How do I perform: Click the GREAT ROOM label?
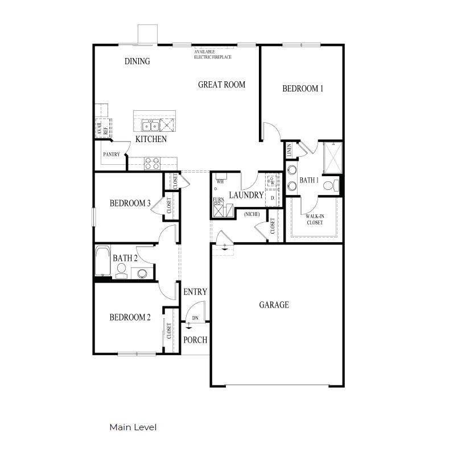point(221,85)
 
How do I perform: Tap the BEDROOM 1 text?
point(303,89)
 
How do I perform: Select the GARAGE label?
point(274,305)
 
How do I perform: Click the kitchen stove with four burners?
point(152,163)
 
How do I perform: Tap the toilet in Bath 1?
point(329,186)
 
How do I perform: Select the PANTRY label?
point(110,155)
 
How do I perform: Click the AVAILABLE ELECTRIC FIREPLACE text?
point(212,55)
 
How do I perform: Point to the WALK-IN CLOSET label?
point(314,219)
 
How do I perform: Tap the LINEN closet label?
point(290,151)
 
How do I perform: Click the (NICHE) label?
point(251,214)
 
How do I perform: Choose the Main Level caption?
point(133,427)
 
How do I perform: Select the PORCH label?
point(195,340)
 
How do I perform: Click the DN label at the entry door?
point(195,318)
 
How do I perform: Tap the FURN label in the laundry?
point(218,199)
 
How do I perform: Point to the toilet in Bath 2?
point(121,275)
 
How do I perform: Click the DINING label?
point(137,61)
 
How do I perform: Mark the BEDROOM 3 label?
point(130,203)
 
